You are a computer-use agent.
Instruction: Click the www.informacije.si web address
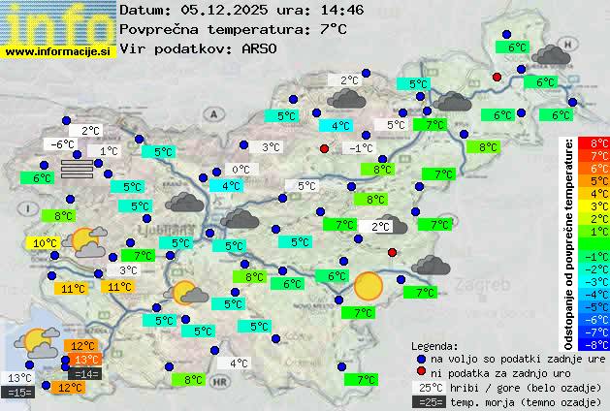point(58,50)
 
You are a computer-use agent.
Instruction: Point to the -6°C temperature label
point(63,144)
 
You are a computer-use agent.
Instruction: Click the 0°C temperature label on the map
point(241,170)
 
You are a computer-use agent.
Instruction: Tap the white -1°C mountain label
point(361,148)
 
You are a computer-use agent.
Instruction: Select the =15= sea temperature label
point(18,392)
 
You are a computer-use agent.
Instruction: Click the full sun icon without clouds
point(369,286)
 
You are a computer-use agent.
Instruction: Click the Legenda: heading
point(434,345)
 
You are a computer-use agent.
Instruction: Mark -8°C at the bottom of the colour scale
point(599,343)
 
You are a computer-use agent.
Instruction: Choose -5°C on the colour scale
point(599,306)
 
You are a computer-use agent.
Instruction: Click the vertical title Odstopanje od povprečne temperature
point(570,242)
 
